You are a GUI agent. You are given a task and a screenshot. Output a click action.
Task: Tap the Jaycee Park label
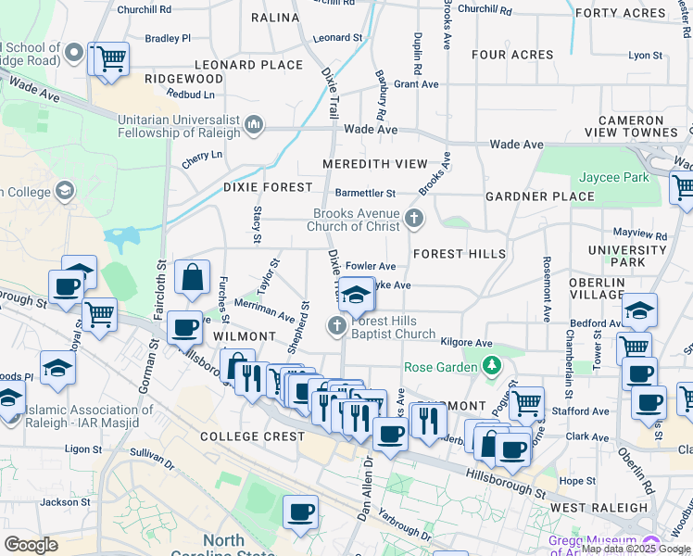click(613, 177)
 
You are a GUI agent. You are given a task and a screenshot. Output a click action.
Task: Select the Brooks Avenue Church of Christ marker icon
click(414, 219)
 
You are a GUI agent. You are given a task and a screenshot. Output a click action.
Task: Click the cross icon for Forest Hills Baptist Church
click(336, 326)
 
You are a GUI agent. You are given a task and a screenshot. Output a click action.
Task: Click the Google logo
click(31, 544)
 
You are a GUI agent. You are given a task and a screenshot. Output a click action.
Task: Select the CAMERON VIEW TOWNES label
click(643, 128)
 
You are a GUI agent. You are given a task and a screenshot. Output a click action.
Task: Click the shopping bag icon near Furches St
click(192, 277)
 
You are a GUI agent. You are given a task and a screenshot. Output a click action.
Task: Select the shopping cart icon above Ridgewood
click(110, 59)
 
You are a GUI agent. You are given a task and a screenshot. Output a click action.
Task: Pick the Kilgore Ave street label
click(466, 343)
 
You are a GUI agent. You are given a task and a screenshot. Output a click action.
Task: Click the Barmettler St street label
click(365, 194)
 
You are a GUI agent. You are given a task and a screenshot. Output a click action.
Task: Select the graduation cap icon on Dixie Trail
click(357, 295)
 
